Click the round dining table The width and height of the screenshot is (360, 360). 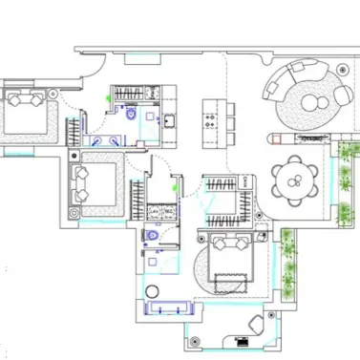[294, 179]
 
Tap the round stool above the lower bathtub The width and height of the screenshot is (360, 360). [152, 290]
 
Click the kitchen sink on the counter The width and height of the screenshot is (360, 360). [168, 120]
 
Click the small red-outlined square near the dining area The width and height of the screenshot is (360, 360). [276, 139]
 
